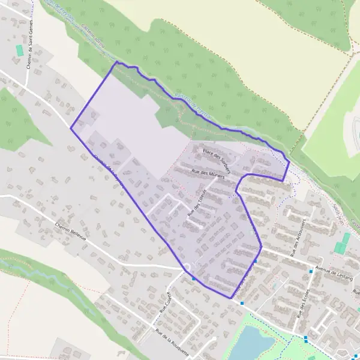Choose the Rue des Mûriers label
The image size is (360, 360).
[208, 173]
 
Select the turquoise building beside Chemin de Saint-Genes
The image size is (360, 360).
[20, 50]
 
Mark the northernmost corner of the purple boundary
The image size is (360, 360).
[116, 62]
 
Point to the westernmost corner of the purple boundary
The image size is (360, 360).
[71, 128]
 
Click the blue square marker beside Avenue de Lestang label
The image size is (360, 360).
[311, 272]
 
